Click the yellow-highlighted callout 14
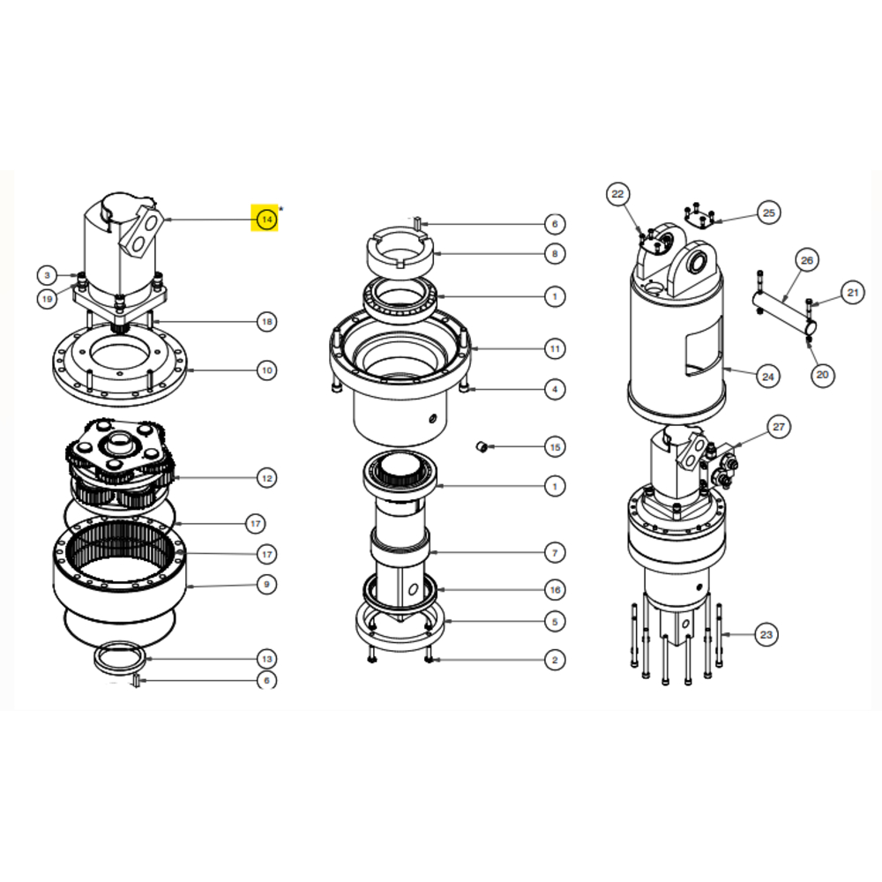266,219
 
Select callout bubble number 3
48,275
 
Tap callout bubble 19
48,299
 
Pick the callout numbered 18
266,322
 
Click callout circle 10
266,370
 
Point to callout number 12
266,478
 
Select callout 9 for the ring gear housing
266,585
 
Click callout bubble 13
266,659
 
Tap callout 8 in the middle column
555,254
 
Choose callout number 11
555,348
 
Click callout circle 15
555,447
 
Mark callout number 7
555,552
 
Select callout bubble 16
555,589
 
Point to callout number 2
555,660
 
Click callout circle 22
617,194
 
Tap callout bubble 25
768,213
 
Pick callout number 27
779,427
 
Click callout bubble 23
766,634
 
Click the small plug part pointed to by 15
482,447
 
